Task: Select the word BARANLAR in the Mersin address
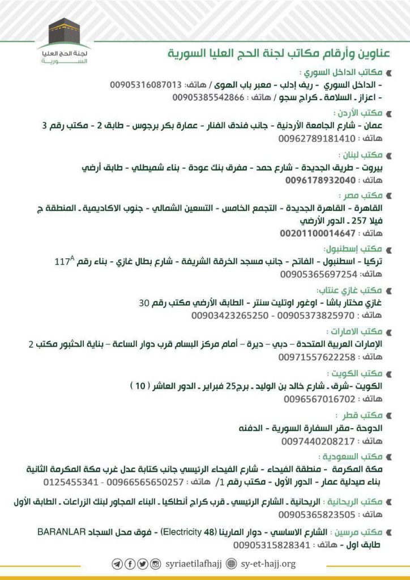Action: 61,532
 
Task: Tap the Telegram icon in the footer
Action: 117,564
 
